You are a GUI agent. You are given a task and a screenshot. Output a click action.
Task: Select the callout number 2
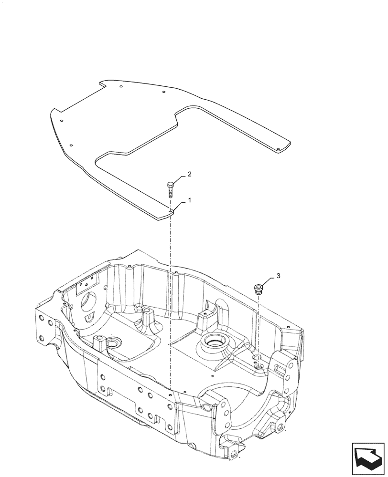pyautogui.click(x=189, y=175)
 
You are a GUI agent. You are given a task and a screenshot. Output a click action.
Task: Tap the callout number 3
pyautogui.click(x=279, y=276)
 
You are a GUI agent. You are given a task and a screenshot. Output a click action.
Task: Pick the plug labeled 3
pyautogui.click(x=259, y=288)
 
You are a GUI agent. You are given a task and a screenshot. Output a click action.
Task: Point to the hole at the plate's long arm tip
pyautogui.click(x=279, y=148)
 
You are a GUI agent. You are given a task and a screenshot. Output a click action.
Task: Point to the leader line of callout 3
pyautogui.click(x=269, y=282)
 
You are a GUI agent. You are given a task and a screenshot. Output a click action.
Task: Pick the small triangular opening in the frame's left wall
pyautogui.click(x=87, y=318)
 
